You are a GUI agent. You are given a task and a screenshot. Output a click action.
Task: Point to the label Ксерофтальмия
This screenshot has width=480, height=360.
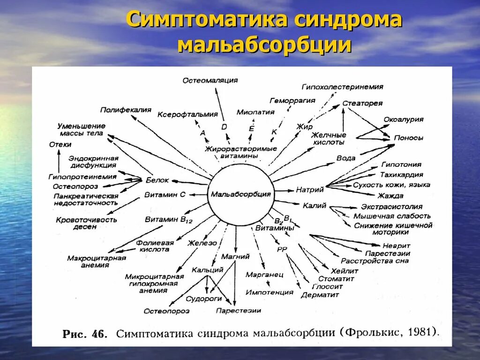pos(187,114)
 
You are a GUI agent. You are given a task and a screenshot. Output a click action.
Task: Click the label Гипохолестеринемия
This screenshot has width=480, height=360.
pos(342,87)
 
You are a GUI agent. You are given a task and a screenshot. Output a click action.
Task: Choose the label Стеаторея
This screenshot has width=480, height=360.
pos(362,103)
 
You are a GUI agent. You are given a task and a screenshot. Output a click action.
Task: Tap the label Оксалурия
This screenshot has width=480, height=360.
pos(404,119)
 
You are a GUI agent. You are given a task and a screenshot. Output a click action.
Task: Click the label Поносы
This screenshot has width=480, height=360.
pos(408,138)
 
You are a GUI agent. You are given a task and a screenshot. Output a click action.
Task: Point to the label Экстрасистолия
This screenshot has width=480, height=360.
pos(392,206)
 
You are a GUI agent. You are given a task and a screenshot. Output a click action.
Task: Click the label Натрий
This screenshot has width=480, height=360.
pos(310,190)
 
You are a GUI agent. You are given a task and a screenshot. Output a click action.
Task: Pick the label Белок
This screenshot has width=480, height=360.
pos(157,180)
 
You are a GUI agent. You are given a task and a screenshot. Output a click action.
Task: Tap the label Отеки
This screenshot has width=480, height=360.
pos(60,144)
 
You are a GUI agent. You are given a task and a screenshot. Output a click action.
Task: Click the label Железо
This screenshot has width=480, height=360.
pos(202,243)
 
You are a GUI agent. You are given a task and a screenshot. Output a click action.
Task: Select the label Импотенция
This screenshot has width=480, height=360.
pos(270,292)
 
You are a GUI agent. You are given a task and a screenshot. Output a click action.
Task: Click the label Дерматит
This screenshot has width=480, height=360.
pos(320,295)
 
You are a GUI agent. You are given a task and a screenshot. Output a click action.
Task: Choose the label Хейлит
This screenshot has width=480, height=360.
pos(345,271)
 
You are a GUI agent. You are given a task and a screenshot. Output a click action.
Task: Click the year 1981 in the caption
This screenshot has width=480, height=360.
pos(424,332)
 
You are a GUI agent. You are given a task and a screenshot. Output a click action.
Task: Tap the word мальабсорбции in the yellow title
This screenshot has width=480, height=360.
pos(265,45)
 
